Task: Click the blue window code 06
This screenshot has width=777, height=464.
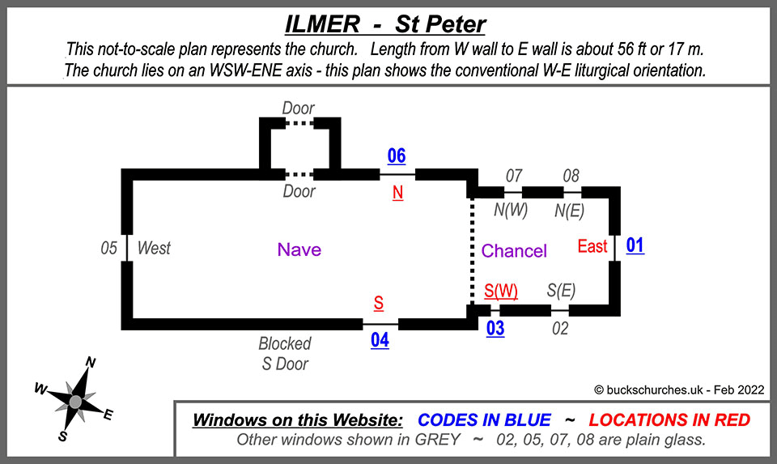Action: tap(396, 156)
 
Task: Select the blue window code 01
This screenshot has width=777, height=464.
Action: tap(635, 245)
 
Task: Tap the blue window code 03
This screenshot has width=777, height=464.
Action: tap(495, 328)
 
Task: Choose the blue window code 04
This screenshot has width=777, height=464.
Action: tap(380, 340)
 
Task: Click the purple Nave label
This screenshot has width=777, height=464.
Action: tap(299, 249)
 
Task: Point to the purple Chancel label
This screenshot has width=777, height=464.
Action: tap(514, 250)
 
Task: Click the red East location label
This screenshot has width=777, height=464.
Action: tap(592, 246)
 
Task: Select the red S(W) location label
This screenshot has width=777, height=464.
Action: tap(501, 289)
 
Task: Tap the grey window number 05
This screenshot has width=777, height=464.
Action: tap(109, 248)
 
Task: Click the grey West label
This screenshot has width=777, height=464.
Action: tap(154, 248)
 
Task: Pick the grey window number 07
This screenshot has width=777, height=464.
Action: tap(513, 175)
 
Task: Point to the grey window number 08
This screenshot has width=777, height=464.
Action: tap(571, 175)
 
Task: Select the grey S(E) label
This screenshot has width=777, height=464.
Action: tap(561, 290)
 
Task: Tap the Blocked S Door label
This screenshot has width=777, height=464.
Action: tap(285, 354)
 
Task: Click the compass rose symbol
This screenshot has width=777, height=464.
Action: tap(75, 400)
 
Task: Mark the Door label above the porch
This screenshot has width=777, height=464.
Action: tap(298, 108)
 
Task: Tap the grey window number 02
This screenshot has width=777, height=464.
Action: tap(560, 328)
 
